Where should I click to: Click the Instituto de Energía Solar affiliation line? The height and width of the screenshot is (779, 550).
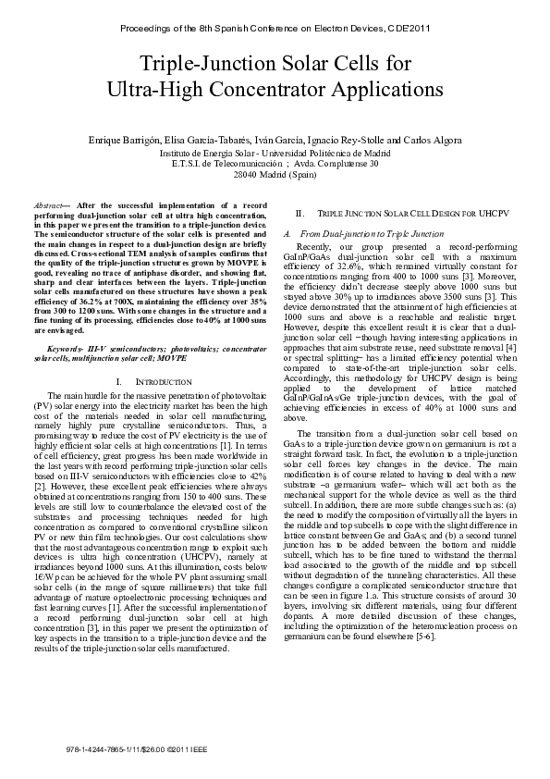tap(275, 153)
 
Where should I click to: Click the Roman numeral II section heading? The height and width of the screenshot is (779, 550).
tap(299, 213)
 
